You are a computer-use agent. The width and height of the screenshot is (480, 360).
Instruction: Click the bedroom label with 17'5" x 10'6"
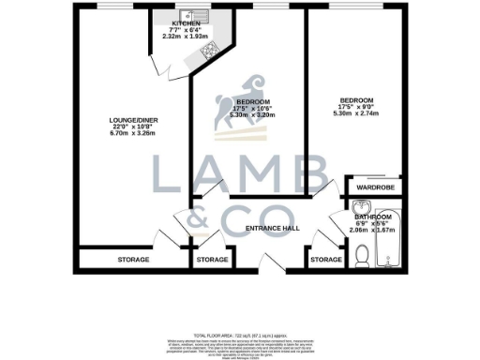pyautogui.click(x=253, y=101)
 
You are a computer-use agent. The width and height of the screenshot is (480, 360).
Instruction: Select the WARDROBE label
pyautogui.click(x=376, y=187)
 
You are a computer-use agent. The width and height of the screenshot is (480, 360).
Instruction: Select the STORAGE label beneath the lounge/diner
pyautogui.click(x=133, y=259)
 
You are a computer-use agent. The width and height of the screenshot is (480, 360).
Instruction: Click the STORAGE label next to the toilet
pyautogui.click(x=325, y=259)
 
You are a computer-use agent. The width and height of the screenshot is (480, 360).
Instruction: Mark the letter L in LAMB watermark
pyautogui.click(x=168, y=177)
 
